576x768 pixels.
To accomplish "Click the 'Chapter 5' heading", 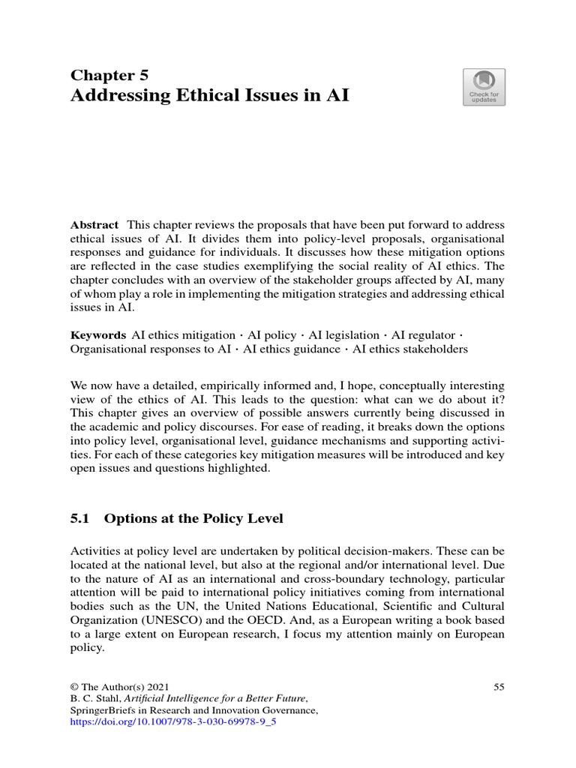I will (x=109, y=74).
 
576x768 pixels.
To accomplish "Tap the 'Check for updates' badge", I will (x=484, y=87).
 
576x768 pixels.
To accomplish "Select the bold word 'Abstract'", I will (x=94, y=225).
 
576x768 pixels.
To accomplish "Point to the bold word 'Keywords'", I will (x=98, y=334).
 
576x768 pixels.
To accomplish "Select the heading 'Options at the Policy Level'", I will (x=193, y=518).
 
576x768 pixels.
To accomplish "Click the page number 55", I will (x=499, y=686).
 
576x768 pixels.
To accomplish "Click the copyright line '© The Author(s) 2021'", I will (x=120, y=686).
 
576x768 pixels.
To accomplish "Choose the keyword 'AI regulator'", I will (x=423, y=334).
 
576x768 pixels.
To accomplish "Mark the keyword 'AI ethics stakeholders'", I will (x=410, y=349).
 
